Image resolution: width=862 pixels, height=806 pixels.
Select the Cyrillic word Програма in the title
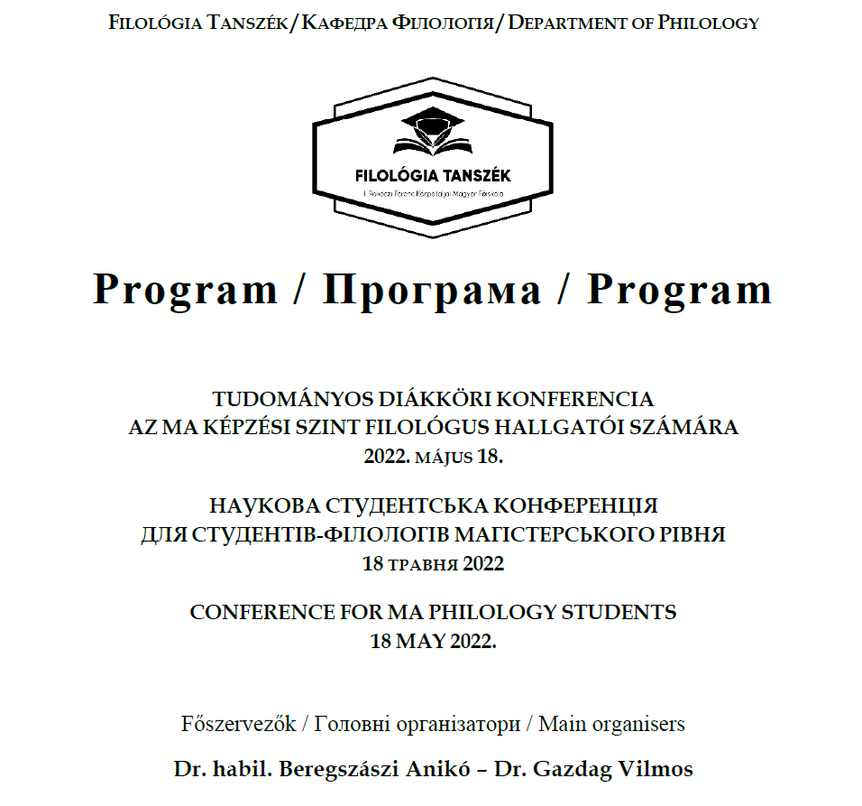pyautogui.click(x=432, y=290)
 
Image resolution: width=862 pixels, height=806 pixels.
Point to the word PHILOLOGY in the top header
pyautogui.click(x=709, y=23)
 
